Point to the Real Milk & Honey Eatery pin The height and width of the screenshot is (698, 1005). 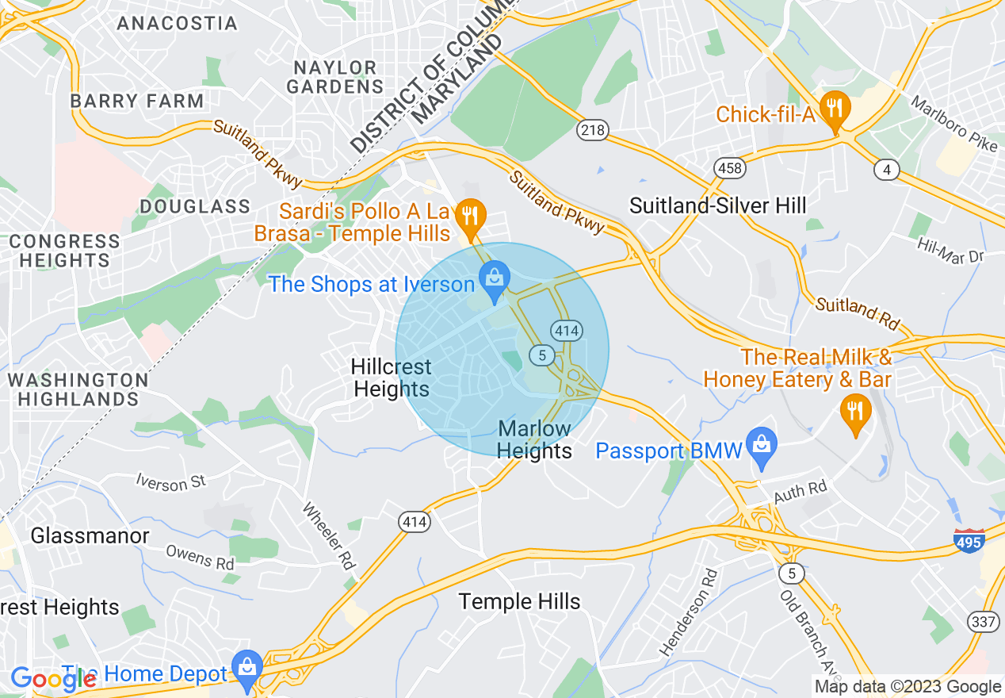tap(854, 411)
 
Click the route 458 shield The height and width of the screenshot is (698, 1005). tap(728, 167)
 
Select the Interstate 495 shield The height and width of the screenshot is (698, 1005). tap(969, 541)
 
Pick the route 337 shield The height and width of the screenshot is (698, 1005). tap(984, 622)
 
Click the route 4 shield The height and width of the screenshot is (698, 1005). tap(887, 169)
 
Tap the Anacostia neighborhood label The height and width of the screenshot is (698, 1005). tap(177, 23)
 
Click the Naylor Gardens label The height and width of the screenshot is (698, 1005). tap(334, 77)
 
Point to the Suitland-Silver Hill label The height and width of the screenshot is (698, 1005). tap(717, 206)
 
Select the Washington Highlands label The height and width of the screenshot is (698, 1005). tap(78, 389)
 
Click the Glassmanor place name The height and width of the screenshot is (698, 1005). tap(90, 536)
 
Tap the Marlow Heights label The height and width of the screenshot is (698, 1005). tap(534, 440)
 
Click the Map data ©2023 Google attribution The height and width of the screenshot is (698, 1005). tap(908, 687)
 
